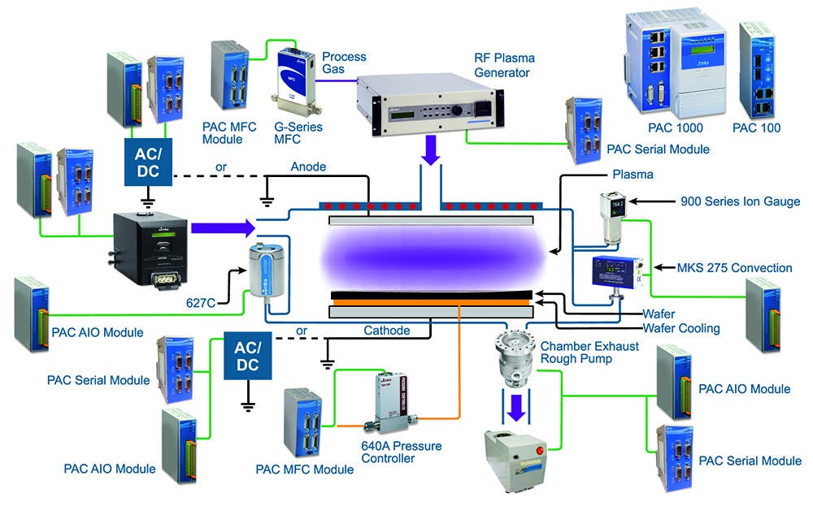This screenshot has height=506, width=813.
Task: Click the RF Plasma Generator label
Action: pyautogui.click(x=502, y=66)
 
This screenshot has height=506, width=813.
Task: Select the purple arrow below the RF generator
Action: pyautogui.click(x=429, y=149)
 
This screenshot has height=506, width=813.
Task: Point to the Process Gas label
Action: pyautogui.click(x=344, y=63)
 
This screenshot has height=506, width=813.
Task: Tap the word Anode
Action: pyautogui.click(x=308, y=167)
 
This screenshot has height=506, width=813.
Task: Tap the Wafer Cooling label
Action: pyautogui.click(x=681, y=328)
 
